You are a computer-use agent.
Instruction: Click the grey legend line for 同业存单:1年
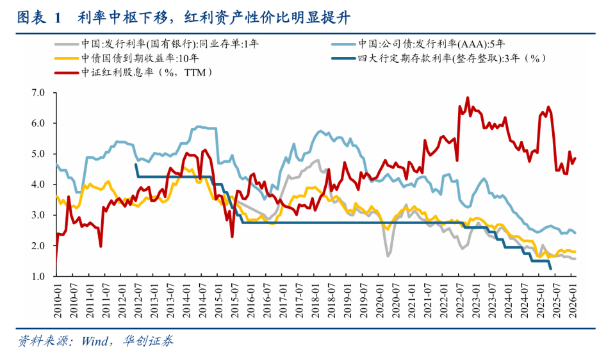pyautogui.click(x=66, y=44)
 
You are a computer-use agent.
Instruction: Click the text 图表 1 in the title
pyautogui.click(x=38, y=17)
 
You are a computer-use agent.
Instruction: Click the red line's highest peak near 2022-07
pyautogui.click(x=467, y=98)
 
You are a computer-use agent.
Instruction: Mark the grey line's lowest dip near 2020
pyautogui.click(x=388, y=256)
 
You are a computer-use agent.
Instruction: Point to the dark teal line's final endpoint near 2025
pyautogui.click(x=551, y=270)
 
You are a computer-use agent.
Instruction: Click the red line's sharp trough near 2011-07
pyautogui.click(x=101, y=246)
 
